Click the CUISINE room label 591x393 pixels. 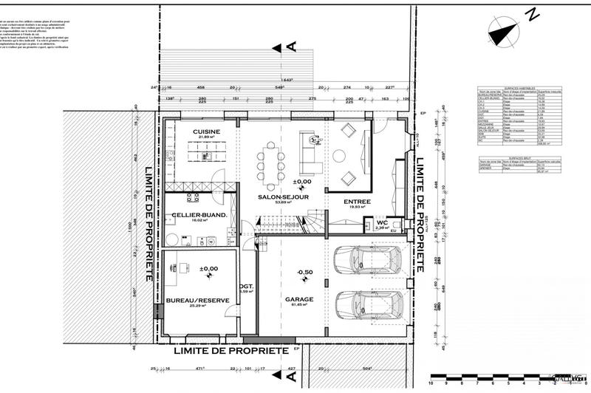click(207, 132)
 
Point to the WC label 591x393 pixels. click(381, 222)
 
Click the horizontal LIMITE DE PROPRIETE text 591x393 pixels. click(230, 352)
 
